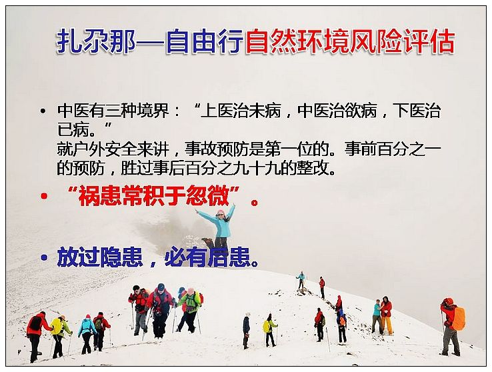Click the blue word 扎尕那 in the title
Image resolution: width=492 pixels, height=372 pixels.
coord(96,41)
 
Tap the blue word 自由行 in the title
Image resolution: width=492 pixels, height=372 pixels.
coord(205,41)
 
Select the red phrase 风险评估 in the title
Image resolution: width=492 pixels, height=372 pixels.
coord(403,41)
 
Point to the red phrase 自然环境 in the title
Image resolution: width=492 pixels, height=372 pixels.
coord(298,41)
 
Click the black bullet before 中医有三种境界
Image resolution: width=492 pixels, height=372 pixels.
coord(43,111)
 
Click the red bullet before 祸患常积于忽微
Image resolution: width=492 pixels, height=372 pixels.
coord(44,197)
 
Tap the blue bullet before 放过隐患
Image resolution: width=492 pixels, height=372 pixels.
coord(44,258)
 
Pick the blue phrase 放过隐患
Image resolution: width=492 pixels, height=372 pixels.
coord(100,257)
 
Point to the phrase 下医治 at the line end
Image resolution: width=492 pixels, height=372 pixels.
coord(419,111)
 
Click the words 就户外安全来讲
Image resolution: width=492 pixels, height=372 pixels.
coord(113,149)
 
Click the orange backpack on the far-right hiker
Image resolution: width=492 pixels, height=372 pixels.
coord(459,319)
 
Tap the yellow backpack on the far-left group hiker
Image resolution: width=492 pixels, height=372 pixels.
coord(57,327)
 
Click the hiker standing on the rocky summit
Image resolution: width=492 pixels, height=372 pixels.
coord(301,280)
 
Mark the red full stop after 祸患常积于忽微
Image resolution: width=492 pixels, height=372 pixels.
coord(255,202)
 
